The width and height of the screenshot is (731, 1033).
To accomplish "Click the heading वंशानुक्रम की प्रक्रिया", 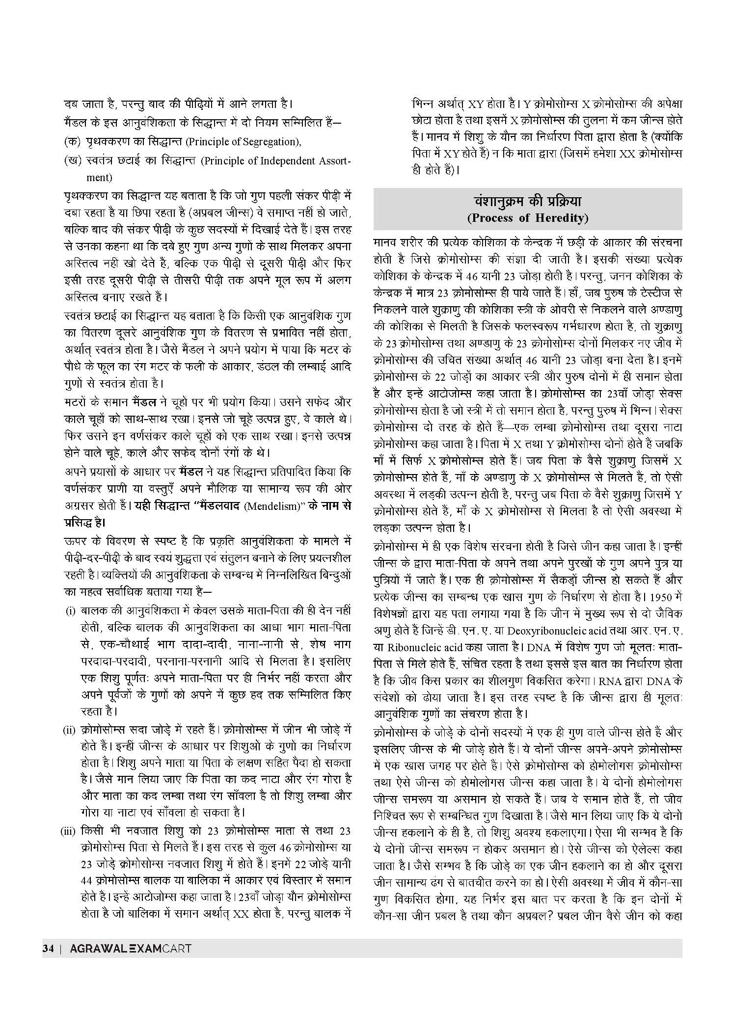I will pos(527,202).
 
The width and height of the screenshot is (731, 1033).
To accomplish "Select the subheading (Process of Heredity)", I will pos(527,218).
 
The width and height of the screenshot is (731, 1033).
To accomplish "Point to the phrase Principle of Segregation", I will pos(243,142).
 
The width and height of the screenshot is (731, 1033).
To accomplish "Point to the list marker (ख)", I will pos(72,160).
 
